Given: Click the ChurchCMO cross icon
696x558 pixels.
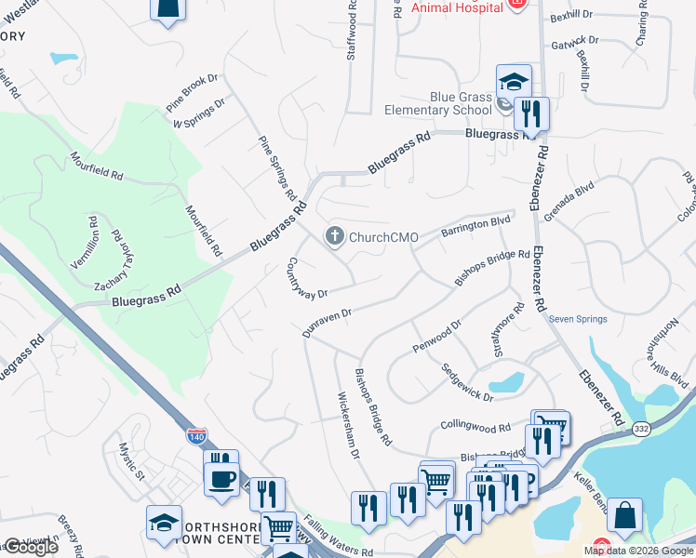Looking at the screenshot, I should (x=334, y=237).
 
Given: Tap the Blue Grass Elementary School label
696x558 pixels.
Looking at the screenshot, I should (x=461, y=103).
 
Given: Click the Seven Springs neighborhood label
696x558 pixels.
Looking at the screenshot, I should (x=578, y=319).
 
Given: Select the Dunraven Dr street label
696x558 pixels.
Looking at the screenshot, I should (x=327, y=323).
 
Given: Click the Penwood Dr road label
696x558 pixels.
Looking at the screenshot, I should (x=436, y=338).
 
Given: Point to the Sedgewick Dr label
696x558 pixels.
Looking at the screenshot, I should (x=467, y=382).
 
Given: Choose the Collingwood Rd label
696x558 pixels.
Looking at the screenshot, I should (x=475, y=427).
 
